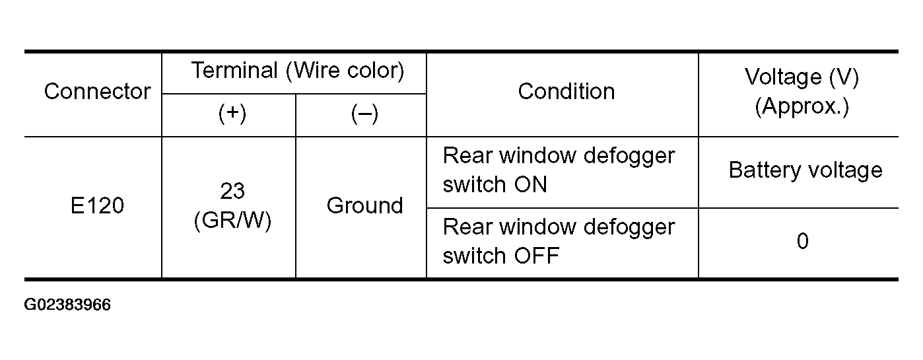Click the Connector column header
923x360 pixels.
97,92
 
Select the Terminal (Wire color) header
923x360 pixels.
298,71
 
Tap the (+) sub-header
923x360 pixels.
232,114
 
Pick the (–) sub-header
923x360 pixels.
364,114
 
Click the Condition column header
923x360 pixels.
566,92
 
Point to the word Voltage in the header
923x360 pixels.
783,77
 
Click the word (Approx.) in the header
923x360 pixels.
802,106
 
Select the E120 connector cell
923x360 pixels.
97,205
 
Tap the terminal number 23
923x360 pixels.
232,191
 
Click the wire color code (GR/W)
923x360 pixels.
232,220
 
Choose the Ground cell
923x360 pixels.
364,205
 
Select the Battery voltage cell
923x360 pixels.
805,170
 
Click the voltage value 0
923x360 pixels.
803,241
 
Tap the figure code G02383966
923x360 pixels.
67,305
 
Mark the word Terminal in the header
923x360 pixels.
234,71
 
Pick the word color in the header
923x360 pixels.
371,71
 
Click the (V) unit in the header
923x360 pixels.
844,77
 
